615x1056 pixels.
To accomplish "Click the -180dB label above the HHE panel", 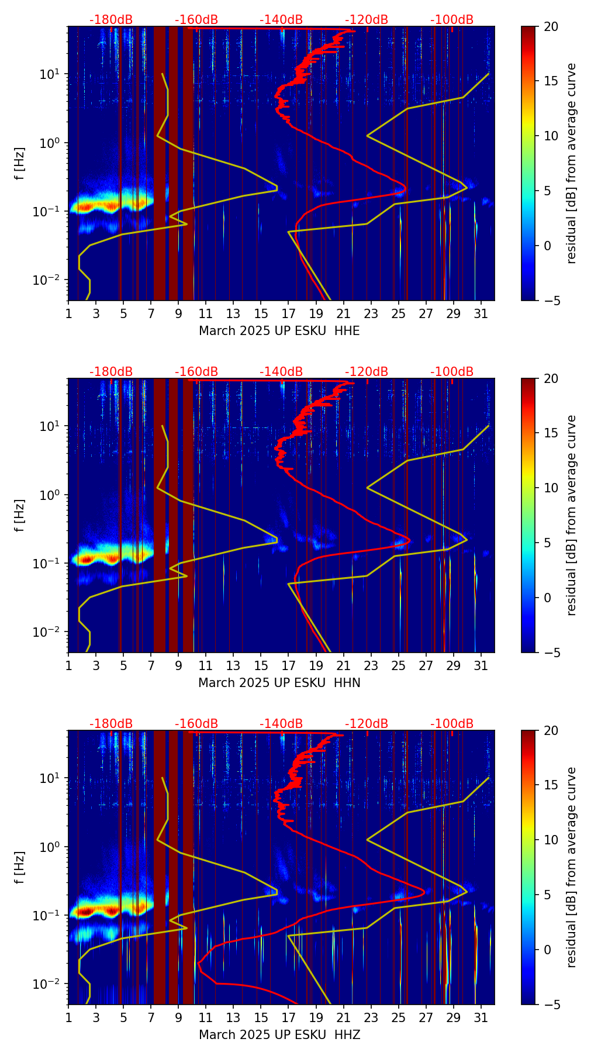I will pyautogui.click(x=111, y=20).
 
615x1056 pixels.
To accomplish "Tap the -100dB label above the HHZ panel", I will pyautogui.click(x=452, y=724).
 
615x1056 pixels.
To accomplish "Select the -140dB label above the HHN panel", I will pyautogui.click(x=281, y=372).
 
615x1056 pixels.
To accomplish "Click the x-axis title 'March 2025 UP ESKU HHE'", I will pyautogui.click(x=279, y=331).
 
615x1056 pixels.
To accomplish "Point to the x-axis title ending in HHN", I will pyautogui.click(x=279, y=683).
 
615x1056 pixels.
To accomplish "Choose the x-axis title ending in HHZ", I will pyautogui.click(x=279, y=1035).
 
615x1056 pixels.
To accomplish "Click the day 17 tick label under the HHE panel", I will pyautogui.click(x=288, y=313).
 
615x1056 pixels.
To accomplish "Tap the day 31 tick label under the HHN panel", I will pyautogui.click(x=481, y=665).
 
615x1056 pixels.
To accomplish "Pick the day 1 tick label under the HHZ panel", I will pyautogui.click(x=68, y=1017).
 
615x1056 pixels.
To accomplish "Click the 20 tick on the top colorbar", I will pyautogui.click(x=551, y=26).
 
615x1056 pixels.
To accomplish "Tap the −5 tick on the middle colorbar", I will pyautogui.click(x=551, y=652).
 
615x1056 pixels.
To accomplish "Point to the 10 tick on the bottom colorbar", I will pyautogui.click(x=551, y=840).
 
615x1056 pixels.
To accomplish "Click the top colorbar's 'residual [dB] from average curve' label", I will pyautogui.click(x=572, y=163).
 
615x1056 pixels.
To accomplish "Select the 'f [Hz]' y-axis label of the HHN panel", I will pyautogui.click(x=19, y=515).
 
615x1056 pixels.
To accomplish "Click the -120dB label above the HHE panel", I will pyautogui.click(x=367, y=20).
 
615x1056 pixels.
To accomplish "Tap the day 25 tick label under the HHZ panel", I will pyautogui.click(x=398, y=1017).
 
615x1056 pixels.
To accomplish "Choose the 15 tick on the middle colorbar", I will pyautogui.click(x=551, y=433).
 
